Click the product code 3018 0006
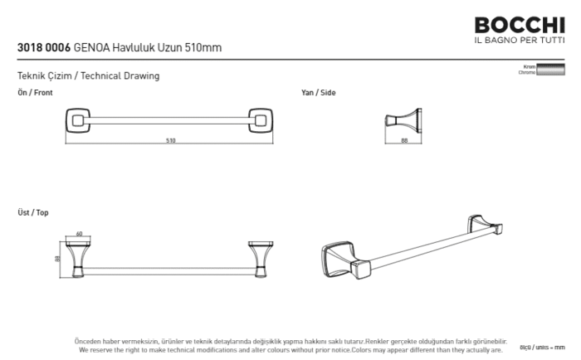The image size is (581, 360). (x=43, y=48)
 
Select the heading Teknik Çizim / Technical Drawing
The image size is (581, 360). (x=88, y=75)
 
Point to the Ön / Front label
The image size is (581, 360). (x=35, y=93)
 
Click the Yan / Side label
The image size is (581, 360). (x=318, y=93)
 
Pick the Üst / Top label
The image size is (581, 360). (x=33, y=213)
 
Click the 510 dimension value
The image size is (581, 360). (x=171, y=140)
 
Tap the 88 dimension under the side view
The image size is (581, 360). (x=403, y=140)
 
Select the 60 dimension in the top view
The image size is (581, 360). (x=80, y=234)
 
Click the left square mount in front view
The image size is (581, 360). (x=80, y=124)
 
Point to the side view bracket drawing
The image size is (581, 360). (x=406, y=123)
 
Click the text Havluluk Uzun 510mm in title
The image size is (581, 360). (x=175, y=48)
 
